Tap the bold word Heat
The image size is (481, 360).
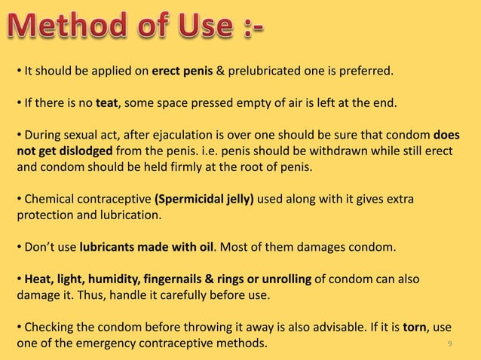tap(39, 279)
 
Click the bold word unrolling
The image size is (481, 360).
tap(284, 279)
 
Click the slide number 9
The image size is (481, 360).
tap(449, 344)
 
